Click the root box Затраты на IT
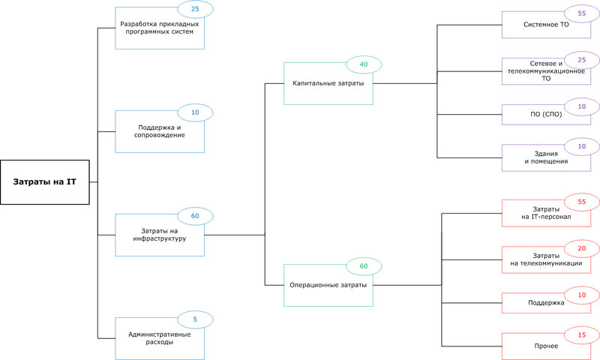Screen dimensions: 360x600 click(x=44, y=182)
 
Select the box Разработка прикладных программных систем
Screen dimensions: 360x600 click(x=159, y=30)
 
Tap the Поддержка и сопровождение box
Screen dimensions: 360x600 click(x=159, y=133)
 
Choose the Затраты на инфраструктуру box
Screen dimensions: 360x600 click(x=159, y=235)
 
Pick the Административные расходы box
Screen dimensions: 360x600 click(x=159, y=338)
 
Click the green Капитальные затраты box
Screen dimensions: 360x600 click(x=328, y=83)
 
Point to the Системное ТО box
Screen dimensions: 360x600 click(x=546, y=25)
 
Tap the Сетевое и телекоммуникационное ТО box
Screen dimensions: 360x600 click(x=546, y=73)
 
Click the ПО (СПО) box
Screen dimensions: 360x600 click(x=546, y=115)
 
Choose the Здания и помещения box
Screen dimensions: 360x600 click(x=546, y=157)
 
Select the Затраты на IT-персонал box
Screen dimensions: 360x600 click(x=546, y=214)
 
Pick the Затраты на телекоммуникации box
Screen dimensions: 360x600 click(x=546, y=259)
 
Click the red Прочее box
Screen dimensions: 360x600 click(x=546, y=346)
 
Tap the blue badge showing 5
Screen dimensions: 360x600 click(x=195, y=319)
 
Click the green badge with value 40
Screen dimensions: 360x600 click(x=364, y=64)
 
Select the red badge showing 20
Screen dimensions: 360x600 click(x=582, y=247)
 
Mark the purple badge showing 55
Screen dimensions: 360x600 click(x=582, y=13)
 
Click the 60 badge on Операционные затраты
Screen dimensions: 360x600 click(x=364, y=266)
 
